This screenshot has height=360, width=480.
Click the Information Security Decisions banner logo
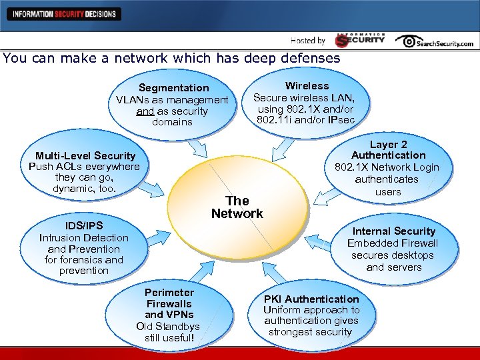(x=63, y=13)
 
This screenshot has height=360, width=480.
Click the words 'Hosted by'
(x=308, y=41)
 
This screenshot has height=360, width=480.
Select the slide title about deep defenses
(x=171, y=58)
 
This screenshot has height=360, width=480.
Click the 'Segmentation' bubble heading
(x=173, y=88)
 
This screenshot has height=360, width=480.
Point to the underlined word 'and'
(x=145, y=111)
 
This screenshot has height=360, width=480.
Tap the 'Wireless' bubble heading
(x=307, y=86)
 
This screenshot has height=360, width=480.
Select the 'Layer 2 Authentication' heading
(x=388, y=150)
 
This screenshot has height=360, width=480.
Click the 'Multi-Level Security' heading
(x=85, y=155)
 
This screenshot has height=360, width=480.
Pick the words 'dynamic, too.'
(x=85, y=189)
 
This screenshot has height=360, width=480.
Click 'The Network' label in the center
(x=237, y=207)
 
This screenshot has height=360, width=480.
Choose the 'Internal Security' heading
(x=394, y=231)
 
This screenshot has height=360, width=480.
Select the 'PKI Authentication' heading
(x=311, y=299)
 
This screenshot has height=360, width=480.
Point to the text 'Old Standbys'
(x=169, y=326)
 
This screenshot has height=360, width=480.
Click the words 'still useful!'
(x=169, y=337)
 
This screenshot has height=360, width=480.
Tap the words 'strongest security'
(x=310, y=332)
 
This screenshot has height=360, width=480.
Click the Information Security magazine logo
(x=360, y=40)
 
